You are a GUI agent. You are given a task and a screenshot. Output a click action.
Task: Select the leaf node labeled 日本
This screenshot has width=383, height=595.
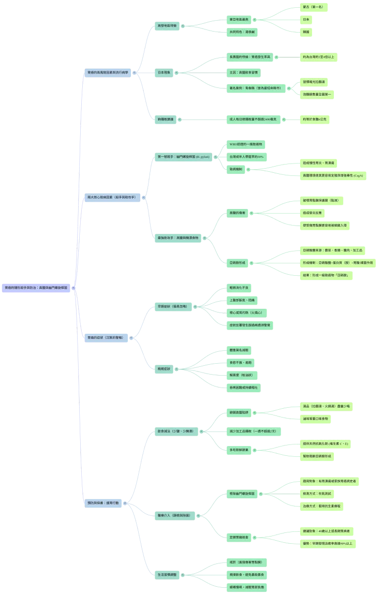(306, 19)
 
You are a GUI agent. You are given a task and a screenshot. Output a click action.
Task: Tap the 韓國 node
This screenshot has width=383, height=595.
(306, 32)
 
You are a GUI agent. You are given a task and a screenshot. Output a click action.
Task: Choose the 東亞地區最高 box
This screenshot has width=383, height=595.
(239, 19)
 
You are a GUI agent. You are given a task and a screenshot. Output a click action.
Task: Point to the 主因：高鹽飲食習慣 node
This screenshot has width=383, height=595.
(245, 72)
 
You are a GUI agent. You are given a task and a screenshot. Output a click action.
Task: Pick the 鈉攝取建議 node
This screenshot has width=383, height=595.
(166, 119)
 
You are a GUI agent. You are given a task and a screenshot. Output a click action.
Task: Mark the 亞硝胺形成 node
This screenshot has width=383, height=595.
(238, 263)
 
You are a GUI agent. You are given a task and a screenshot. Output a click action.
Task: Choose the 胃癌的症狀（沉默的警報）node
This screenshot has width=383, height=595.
(105, 337)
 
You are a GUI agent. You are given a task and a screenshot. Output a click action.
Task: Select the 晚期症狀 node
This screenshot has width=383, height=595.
(164, 368)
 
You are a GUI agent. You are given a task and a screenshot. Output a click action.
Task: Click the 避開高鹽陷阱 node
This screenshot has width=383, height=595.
(239, 412)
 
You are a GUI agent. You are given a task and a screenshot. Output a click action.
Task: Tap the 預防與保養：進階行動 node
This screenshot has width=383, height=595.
(104, 503)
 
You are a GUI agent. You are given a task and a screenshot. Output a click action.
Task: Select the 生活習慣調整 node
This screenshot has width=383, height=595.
(167, 574)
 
